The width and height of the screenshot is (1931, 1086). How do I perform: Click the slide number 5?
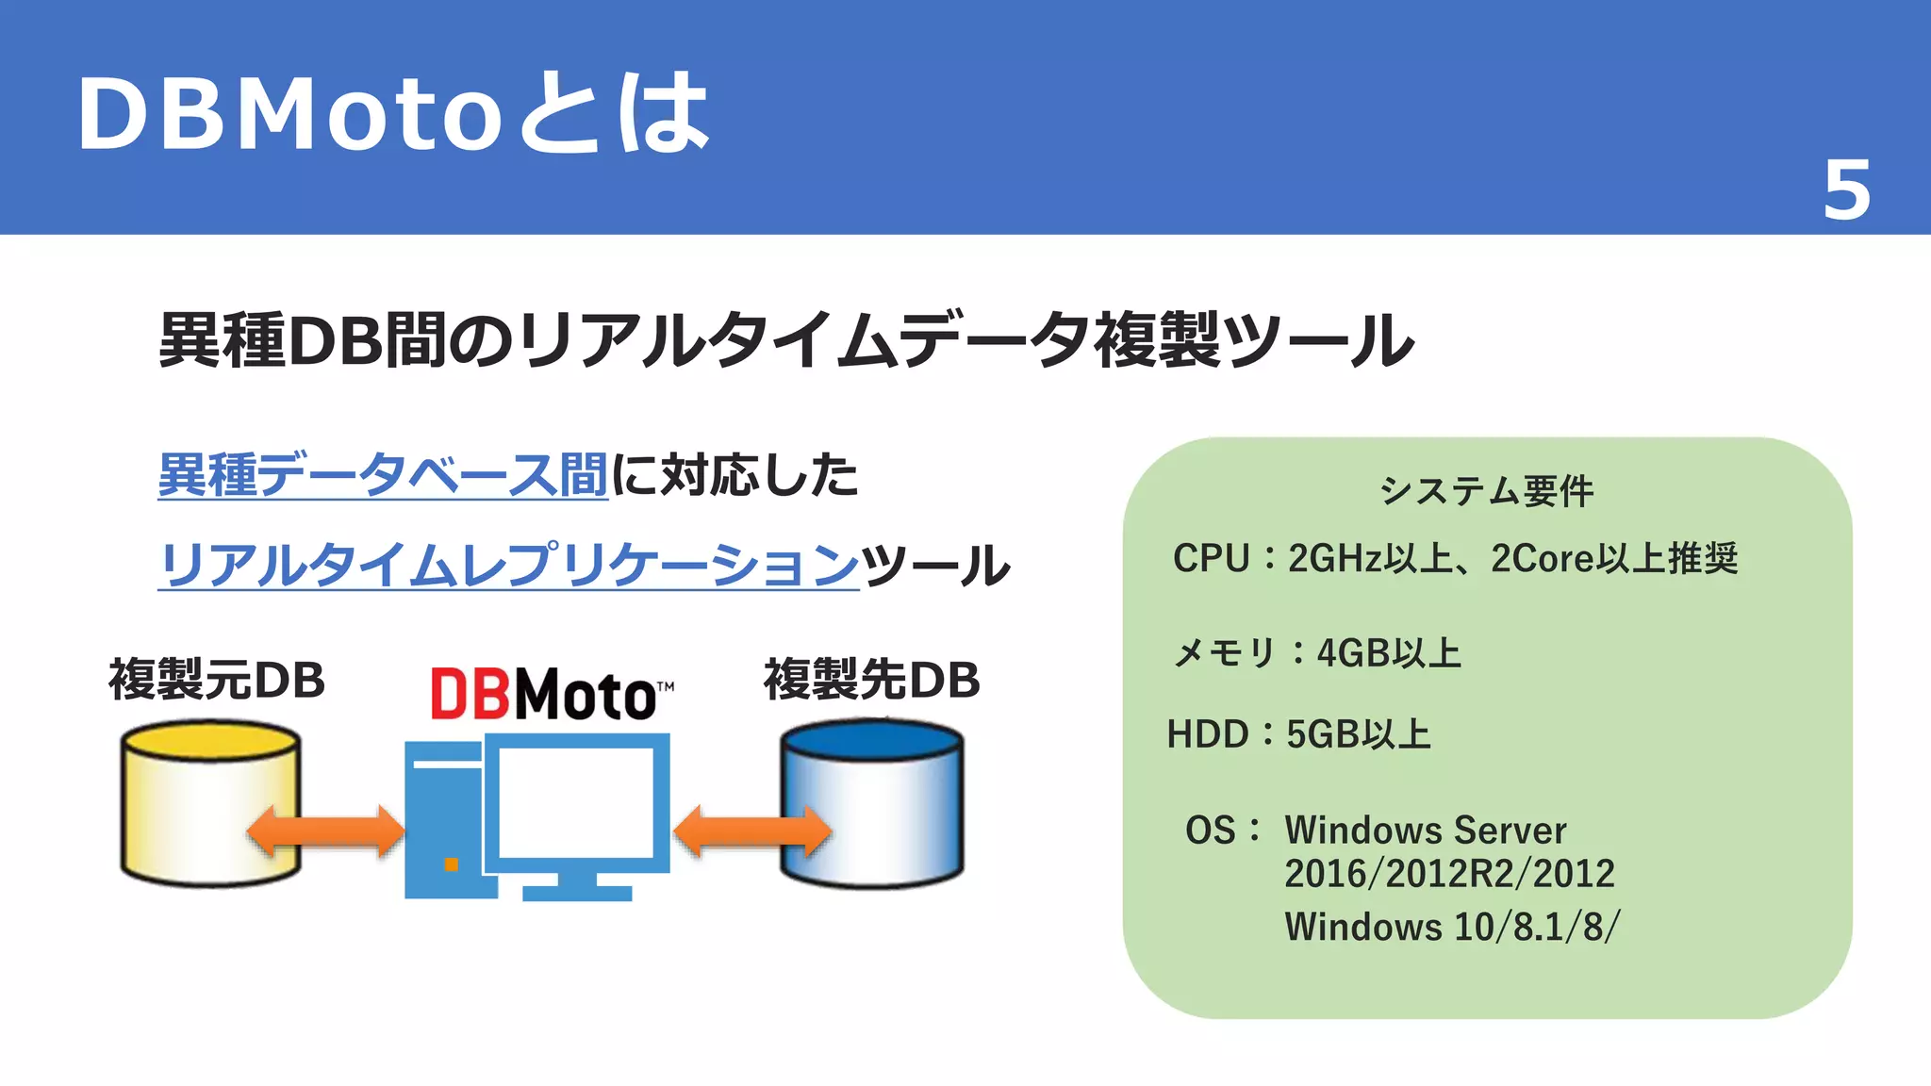point(1846,190)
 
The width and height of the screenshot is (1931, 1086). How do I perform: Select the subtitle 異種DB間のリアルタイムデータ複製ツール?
point(786,340)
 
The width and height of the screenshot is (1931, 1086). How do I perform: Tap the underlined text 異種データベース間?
point(383,474)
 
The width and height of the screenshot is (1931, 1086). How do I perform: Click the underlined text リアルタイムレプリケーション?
point(508,565)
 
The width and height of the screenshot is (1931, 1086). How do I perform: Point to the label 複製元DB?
point(217,680)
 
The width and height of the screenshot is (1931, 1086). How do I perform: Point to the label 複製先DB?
point(871,680)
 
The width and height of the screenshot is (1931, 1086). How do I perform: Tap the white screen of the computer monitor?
point(575,801)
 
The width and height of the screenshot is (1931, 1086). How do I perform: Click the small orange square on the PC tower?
point(451,864)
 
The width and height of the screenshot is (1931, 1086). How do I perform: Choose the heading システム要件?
point(1486,491)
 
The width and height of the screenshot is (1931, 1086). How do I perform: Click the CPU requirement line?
point(1455,558)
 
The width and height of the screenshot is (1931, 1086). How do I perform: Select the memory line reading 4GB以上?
point(1316,652)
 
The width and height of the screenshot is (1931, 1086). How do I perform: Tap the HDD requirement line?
point(1298,733)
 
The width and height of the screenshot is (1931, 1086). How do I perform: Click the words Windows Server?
point(1425,831)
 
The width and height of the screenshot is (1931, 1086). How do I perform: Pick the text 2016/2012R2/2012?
point(1449,874)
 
